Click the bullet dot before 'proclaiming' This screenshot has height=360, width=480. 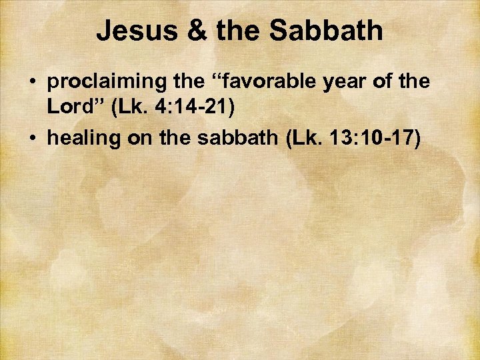coord(31,83)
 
